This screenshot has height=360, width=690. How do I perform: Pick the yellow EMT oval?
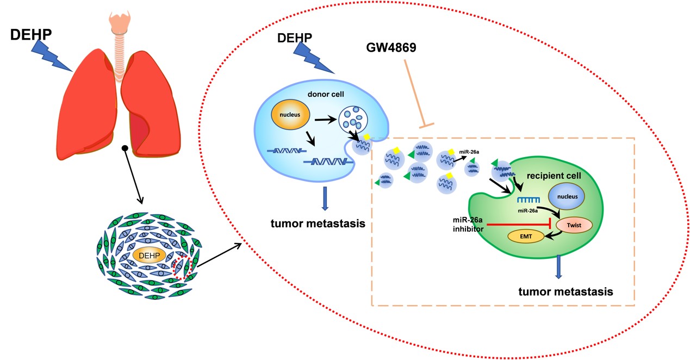(526, 237)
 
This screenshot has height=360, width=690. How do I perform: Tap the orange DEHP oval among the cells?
(148, 256)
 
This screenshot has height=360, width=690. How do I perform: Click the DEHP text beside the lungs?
(31, 36)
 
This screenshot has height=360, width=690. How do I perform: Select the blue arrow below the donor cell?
(325, 198)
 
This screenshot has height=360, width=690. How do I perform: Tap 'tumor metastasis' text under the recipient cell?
(565, 291)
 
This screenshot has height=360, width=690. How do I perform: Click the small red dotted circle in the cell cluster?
(182, 268)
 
